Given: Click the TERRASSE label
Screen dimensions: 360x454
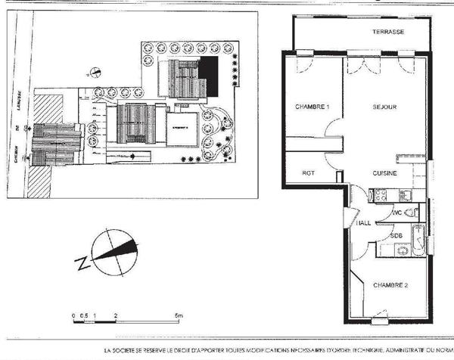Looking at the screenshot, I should click(387, 33).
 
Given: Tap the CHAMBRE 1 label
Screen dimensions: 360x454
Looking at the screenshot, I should click(312, 107).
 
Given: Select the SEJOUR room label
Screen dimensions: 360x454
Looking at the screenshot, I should click(384, 107).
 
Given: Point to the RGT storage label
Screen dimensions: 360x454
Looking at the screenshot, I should click(308, 173).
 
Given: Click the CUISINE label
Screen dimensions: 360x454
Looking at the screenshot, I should click(385, 173).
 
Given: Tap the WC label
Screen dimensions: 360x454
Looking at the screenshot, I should click(396, 214).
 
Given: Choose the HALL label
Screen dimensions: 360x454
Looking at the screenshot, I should click(363, 223).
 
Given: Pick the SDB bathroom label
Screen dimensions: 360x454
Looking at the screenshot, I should click(396, 235).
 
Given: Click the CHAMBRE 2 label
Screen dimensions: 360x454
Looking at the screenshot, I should click(390, 285).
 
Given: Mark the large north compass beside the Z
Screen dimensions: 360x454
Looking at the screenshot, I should click(113, 253).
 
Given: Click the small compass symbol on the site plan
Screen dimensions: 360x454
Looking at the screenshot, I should click(95, 73).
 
